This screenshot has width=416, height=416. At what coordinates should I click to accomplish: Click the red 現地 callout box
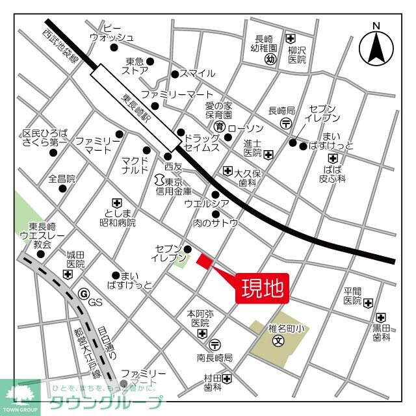tap(263, 287)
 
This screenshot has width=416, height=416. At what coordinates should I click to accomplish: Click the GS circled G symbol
tap(83, 294)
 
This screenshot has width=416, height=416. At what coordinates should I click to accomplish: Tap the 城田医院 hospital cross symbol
tap(68, 275)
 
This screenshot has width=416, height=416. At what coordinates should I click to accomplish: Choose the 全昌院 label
tap(62, 178)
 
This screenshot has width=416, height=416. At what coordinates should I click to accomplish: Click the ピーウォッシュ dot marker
tap(114, 47)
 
